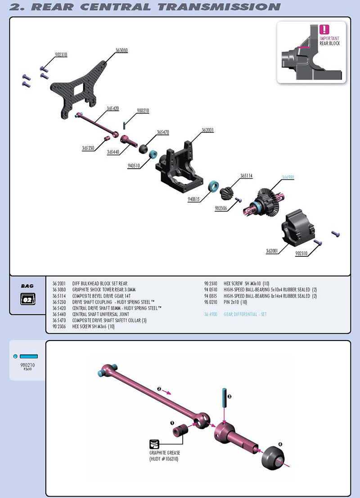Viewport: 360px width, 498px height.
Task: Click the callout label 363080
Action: coord(121,51)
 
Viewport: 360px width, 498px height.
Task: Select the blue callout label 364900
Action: coord(288,177)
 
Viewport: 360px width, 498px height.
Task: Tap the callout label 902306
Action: coord(221,209)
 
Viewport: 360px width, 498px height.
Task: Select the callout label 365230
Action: coord(88,148)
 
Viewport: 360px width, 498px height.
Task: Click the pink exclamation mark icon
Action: coord(324,30)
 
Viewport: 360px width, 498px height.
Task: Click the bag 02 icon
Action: coord(27,299)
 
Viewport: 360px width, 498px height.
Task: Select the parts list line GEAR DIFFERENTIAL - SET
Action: coord(245,314)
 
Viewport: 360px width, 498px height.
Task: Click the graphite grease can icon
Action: coord(155,444)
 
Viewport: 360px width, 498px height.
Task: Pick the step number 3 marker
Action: coord(229,396)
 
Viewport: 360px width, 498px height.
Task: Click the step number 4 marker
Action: coord(280,444)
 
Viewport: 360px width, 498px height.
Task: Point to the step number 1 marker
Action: coord(172,423)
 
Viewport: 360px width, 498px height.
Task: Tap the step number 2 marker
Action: coord(159,388)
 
